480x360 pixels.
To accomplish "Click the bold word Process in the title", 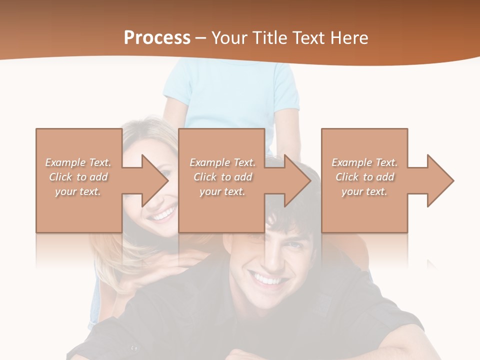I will pos(157,38).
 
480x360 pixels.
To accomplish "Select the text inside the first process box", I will pos(78,177).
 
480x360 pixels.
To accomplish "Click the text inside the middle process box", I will pos(222,177).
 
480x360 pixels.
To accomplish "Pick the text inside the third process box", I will pos(364,177).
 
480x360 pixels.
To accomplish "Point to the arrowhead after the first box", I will pos(155,180).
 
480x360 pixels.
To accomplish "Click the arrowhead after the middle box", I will pos(297,180).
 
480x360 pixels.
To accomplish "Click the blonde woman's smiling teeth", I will pos(163,215).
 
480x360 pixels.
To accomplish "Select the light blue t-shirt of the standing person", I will pos(231,95).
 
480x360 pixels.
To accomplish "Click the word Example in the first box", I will pos(65,162).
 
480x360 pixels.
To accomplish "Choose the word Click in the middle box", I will pos(204,177).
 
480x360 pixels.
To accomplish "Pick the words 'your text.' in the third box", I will pos(364,191).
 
